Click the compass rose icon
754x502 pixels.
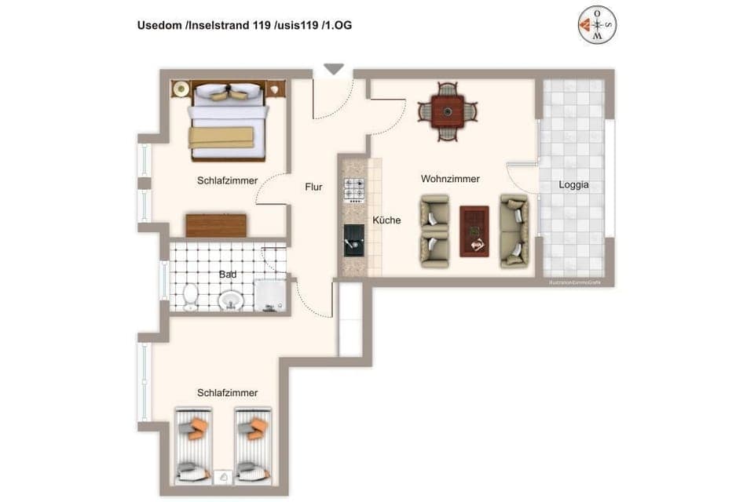coord(598,25)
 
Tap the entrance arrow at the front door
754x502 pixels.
coord(334,70)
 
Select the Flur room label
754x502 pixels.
coord(314,187)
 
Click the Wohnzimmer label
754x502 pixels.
coord(450,180)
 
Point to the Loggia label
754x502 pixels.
coord(573,186)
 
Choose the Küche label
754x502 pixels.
coord(386,220)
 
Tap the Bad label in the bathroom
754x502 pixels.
coord(228,275)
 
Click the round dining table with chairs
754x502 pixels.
coord(447,112)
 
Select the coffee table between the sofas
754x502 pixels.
coord(474,230)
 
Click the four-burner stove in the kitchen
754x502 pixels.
coord(354,190)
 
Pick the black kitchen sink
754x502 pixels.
coord(354,240)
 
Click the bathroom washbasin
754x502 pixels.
coord(231,300)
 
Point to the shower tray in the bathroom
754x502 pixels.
coord(272,295)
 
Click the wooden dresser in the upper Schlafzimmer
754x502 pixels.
coord(216,225)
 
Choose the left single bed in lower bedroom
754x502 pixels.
coord(192,446)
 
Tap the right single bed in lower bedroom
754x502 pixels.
coord(253,446)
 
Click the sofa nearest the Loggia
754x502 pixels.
coord(515,231)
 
